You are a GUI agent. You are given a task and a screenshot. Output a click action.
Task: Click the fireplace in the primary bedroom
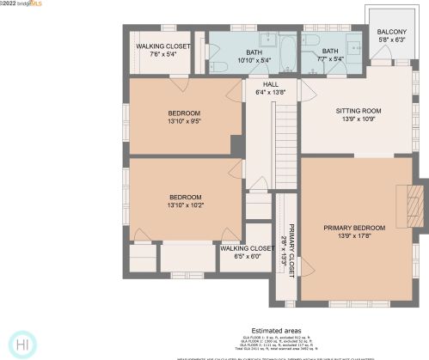pyautogui.click(x=416, y=206)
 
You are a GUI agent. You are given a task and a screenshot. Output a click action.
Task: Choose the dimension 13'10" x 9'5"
pyautogui.click(x=184, y=122)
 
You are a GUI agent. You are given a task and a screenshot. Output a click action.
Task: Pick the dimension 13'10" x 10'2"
pyautogui.click(x=184, y=205)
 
